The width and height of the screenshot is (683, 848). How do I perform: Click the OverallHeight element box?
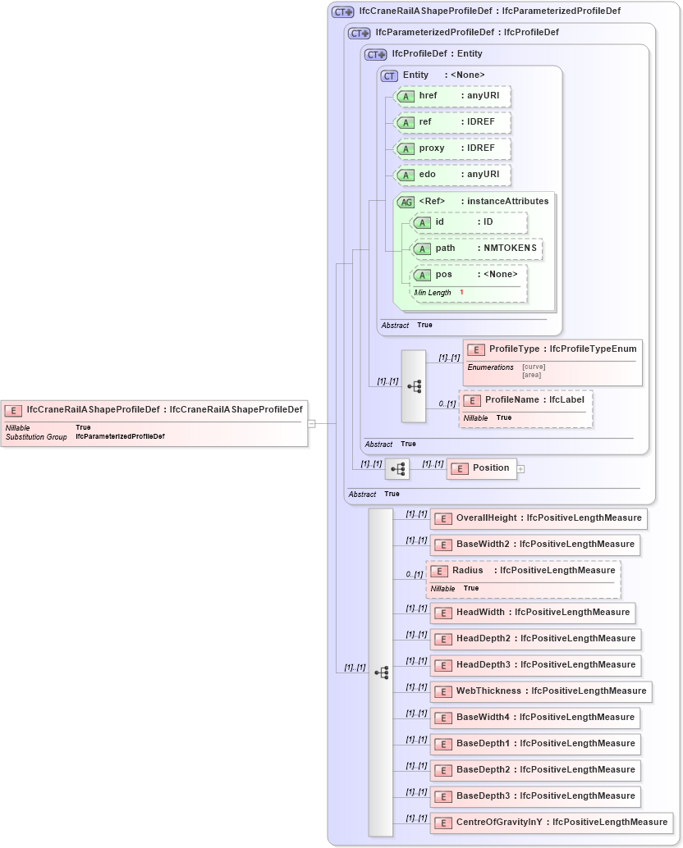[539, 518]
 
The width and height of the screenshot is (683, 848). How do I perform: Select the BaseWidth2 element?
[535, 545]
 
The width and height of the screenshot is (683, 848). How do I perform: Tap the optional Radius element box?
[523, 571]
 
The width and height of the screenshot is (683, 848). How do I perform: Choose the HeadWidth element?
[533, 612]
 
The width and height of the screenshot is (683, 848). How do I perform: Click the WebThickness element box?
[541, 691]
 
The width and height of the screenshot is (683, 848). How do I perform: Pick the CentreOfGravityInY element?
[551, 822]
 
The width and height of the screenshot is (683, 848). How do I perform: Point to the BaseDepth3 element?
[535, 796]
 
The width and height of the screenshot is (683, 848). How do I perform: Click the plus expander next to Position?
[520, 469]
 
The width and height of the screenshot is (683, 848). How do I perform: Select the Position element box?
[482, 468]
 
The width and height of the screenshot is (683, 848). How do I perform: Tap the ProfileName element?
[525, 400]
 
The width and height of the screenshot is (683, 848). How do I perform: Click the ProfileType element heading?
[552, 349]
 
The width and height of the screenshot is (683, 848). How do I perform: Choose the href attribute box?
[453, 96]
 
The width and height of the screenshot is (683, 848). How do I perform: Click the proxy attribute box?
[453, 148]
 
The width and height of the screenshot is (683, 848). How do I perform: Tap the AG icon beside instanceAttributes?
[406, 202]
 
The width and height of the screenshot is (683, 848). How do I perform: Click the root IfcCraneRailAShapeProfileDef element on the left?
[154, 409]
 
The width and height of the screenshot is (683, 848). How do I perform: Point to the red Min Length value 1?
[461, 293]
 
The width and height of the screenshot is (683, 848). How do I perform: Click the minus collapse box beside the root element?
[312, 423]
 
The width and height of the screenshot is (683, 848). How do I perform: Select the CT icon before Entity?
[389, 75]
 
